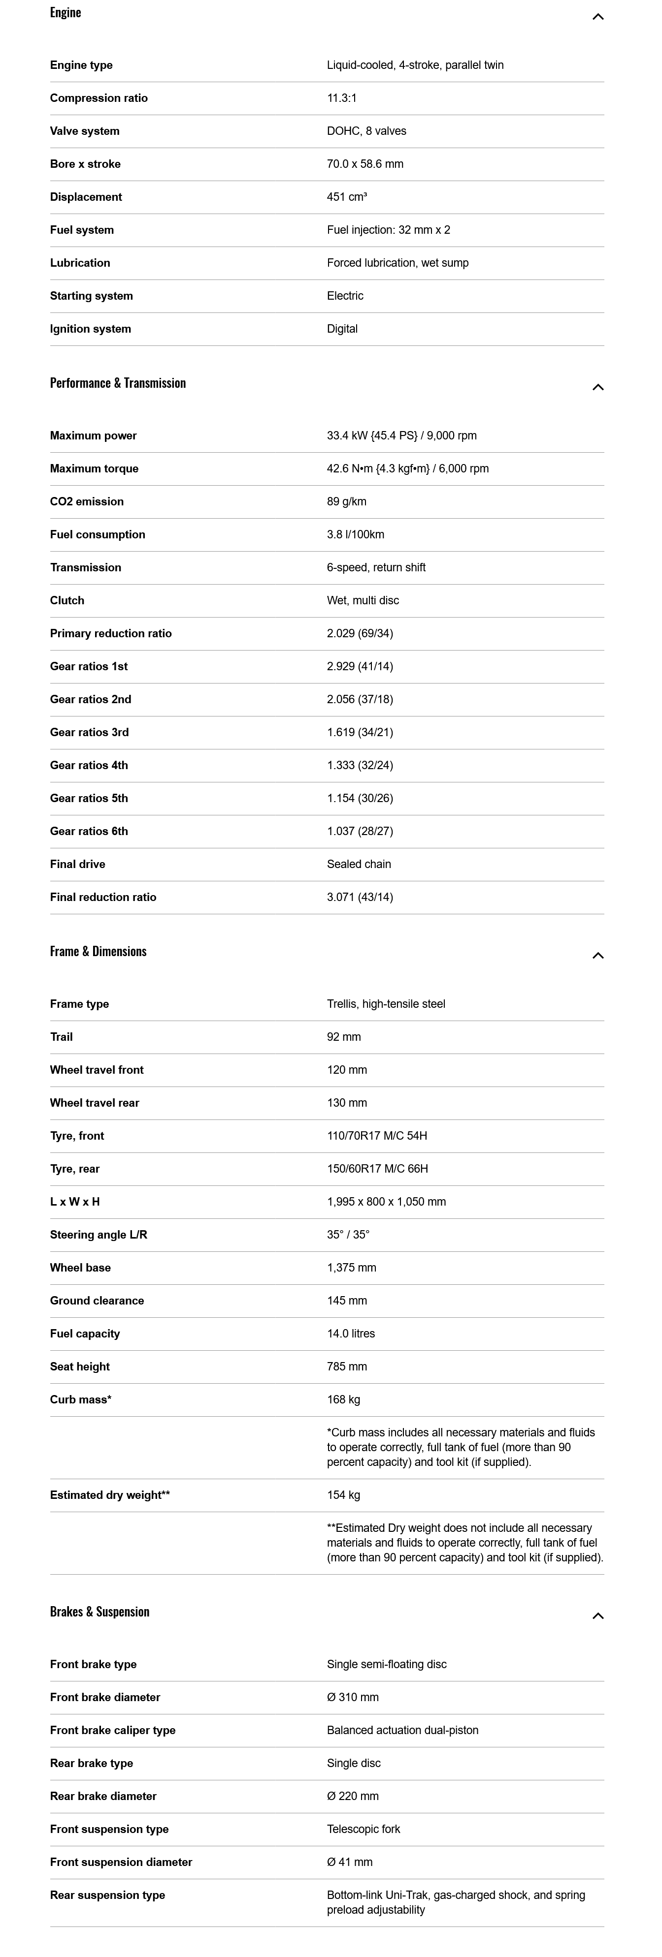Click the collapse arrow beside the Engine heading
[x=597, y=17]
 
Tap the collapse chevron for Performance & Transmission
[x=597, y=387]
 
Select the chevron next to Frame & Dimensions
[x=597, y=956]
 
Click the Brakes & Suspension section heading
[x=99, y=1612]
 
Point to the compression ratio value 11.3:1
[x=341, y=98]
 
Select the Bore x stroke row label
[x=85, y=164]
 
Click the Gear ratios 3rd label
[x=89, y=732]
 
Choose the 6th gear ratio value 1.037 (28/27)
[x=360, y=831]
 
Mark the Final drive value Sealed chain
[x=359, y=864]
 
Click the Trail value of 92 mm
[x=343, y=1037]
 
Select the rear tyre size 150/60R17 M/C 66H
[x=377, y=1168]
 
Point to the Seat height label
[x=80, y=1367]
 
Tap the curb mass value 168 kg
[x=343, y=1399]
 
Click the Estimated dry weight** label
[x=109, y=1495]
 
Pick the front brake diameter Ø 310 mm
[x=353, y=1697]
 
